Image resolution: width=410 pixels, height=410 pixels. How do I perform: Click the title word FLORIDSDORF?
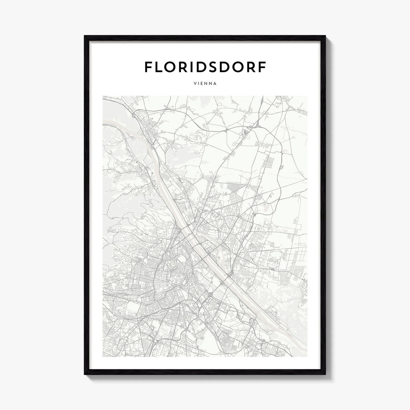205,67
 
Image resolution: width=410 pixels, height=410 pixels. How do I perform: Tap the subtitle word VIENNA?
205,84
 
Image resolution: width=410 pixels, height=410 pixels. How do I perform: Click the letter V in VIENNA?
195,84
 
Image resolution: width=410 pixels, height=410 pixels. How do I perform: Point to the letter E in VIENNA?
201,84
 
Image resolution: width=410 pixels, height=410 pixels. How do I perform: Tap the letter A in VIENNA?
215,84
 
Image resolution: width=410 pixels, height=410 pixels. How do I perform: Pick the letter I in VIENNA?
198,84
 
